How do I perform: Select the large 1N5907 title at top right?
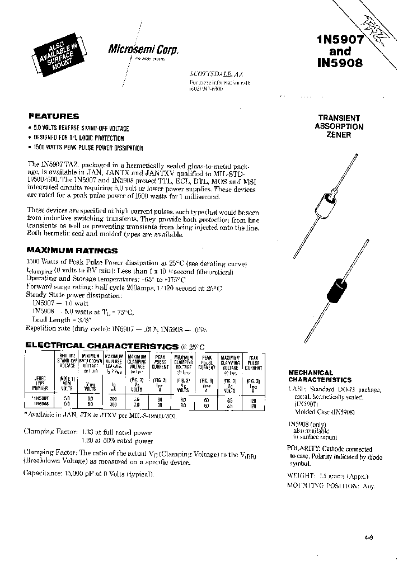[x=340, y=40]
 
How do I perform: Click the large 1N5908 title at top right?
[x=340, y=63]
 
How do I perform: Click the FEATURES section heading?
[x=54, y=116]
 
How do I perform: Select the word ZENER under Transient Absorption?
[x=339, y=135]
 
